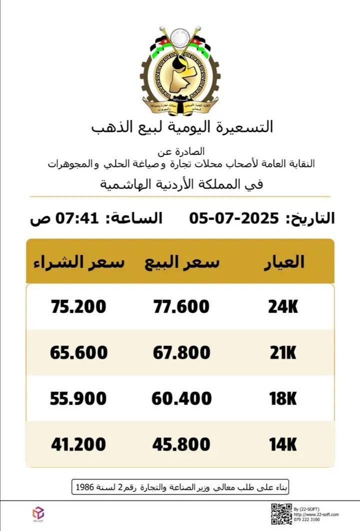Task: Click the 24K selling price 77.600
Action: (x=181, y=306)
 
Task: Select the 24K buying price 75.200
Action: (x=78, y=306)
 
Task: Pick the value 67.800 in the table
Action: (x=181, y=352)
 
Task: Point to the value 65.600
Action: (x=78, y=352)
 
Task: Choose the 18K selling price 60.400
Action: (x=181, y=398)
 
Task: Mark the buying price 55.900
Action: (x=78, y=398)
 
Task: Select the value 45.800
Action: (x=181, y=444)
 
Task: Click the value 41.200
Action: (x=78, y=444)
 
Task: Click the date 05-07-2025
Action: (x=233, y=218)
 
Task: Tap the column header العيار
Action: (x=283, y=262)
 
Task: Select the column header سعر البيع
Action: (x=182, y=262)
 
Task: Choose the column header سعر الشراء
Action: (x=79, y=262)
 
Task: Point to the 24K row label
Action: (x=283, y=306)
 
